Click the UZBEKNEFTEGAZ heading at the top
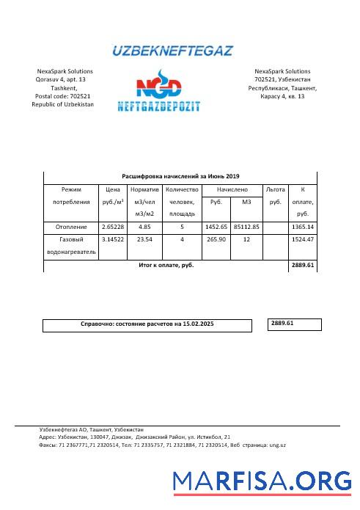(x=172, y=51)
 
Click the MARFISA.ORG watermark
(x=262, y=481)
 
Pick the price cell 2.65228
(x=113, y=227)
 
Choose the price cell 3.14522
(x=113, y=239)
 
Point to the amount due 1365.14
(x=302, y=227)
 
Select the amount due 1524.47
(x=302, y=239)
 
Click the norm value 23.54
(x=145, y=239)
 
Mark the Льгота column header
(x=276, y=189)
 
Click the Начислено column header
(x=232, y=189)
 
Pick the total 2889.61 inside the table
(x=302, y=265)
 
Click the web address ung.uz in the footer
(x=277, y=445)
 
